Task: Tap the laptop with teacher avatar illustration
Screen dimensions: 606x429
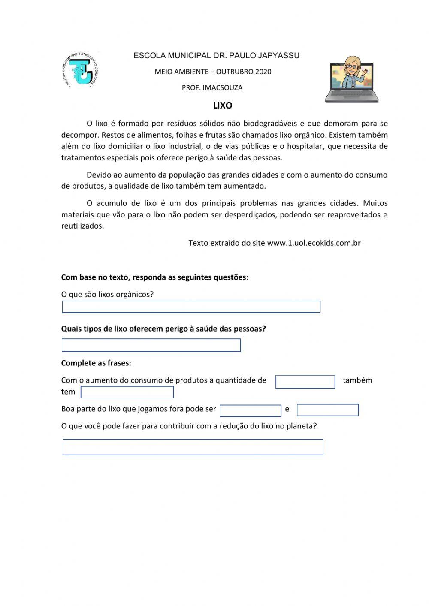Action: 351,79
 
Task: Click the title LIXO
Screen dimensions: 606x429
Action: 223,106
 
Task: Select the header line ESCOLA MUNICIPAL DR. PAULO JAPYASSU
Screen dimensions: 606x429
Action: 216,56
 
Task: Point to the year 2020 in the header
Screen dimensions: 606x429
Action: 263,72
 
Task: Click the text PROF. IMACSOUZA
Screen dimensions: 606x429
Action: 212,88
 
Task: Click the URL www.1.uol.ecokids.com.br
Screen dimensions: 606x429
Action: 314,243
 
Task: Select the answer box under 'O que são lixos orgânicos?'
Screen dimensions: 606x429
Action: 191,307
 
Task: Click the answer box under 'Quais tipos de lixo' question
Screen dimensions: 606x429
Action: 151,345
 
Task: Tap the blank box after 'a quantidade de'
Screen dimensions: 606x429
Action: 305,382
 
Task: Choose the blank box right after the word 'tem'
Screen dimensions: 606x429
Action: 127,392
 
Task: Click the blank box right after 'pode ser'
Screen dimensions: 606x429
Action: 250,410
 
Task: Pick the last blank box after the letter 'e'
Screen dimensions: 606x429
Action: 327,410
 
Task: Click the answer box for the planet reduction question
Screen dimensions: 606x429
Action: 193,447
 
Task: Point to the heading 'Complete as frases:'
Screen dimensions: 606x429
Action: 96,363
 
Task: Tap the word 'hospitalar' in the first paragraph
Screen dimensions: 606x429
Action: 304,146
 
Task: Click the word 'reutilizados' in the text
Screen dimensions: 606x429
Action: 82,226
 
